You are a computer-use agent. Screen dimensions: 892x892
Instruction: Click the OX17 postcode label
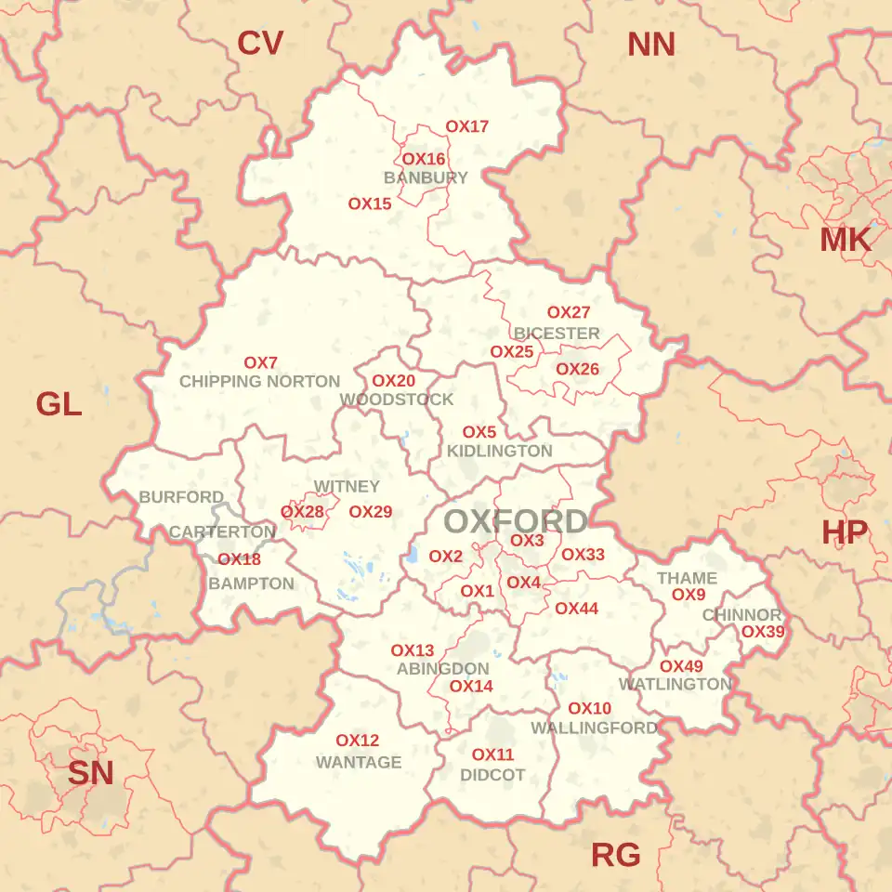[466, 126]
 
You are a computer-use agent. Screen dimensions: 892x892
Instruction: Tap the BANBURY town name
[426, 177]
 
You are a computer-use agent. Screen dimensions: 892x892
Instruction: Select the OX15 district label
[370, 203]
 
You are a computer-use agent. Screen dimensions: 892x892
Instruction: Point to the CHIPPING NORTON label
[259, 381]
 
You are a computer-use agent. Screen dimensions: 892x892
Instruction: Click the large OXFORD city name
[516, 521]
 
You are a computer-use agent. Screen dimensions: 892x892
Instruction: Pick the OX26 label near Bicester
[577, 369]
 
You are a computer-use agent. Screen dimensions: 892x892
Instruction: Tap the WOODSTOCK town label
[397, 400]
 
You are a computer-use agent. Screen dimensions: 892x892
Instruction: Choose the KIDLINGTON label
[499, 451]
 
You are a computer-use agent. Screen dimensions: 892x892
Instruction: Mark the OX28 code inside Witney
[302, 512]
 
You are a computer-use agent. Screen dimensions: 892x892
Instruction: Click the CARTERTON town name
[222, 532]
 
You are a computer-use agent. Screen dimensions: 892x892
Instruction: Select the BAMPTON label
[251, 584]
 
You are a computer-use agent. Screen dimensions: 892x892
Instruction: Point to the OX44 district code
[576, 609]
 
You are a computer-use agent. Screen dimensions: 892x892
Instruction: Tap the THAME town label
[687, 578]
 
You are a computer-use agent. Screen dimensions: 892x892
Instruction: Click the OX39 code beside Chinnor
[763, 632]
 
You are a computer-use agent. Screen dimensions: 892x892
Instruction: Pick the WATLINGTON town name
[676, 684]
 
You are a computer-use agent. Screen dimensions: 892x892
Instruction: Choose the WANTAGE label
[359, 762]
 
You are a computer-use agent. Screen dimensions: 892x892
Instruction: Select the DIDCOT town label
[492, 774]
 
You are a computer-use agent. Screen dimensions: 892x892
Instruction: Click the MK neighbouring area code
[846, 240]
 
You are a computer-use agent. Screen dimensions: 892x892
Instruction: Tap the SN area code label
[90, 773]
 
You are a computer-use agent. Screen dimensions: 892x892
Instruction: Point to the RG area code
[616, 856]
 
